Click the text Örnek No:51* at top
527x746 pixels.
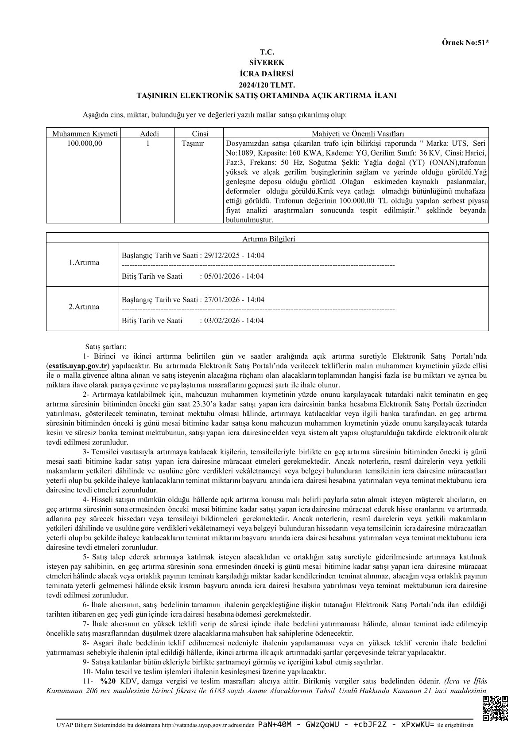point(465,43)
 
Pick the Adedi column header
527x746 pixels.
point(149,133)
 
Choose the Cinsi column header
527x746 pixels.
point(200,133)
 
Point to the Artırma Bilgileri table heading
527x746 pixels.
point(268,239)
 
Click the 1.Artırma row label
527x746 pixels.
point(84,262)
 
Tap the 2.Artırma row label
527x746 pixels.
point(84,307)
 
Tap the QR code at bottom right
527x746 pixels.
point(495,708)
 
